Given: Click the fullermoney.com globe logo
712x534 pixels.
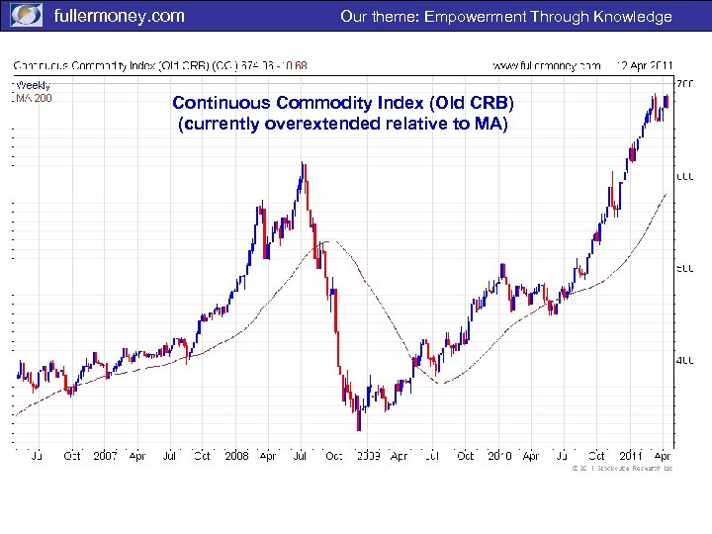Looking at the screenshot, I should pyautogui.click(x=27, y=15).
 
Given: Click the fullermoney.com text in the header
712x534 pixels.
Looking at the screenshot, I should pyautogui.click(x=118, y=16).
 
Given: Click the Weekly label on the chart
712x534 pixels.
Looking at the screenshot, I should pyautogui.click(x=33, y=85).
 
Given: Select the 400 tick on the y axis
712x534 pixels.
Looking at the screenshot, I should pyautogui.click(x=684, y=360).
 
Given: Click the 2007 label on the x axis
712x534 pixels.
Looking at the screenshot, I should pyautogui.click(x=105, y=456).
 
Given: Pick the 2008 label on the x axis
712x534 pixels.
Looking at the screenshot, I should pyautogui.click(x=236, y=456).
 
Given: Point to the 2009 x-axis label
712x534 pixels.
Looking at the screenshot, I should pyautogui.click(x=368, y=456).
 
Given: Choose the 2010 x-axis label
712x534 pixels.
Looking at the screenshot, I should pyautogui.click(x=499, y=456).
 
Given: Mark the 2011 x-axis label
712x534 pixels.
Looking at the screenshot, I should pyautogui.click(x=631, y=456).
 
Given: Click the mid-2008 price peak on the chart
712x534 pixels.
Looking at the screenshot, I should pyautogui.click(x=303, y=164).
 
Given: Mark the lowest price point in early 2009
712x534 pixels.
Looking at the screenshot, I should pyautogui.click(x=358, y=427).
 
